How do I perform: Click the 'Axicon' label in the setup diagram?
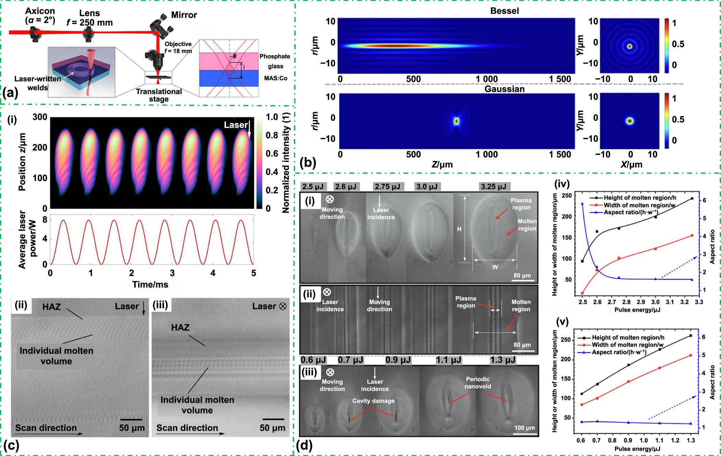(40, 11)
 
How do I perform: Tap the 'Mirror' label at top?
(184, 15)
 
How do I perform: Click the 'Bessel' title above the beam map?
(504, 11)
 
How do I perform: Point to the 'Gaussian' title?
(504, 89)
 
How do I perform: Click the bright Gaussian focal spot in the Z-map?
(456, 121)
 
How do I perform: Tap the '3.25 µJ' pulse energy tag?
(493, 187)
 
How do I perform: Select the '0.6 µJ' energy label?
(313, 360)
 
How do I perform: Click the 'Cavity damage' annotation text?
(373, 401)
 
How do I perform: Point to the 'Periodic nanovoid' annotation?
(478, 382)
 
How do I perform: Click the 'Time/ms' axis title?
(150, 285)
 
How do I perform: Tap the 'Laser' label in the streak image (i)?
(236, 125)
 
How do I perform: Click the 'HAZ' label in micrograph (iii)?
(180, 327)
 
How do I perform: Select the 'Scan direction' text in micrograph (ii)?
(46, 428)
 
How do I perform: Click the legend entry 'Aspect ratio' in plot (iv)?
(630, 212)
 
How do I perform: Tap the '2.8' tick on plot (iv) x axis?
(626, 302)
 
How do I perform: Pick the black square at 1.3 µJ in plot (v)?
(690, 336)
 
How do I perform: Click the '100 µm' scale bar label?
(524, 428)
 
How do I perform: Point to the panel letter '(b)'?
(308, 162)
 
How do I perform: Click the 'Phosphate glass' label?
(275, 61)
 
